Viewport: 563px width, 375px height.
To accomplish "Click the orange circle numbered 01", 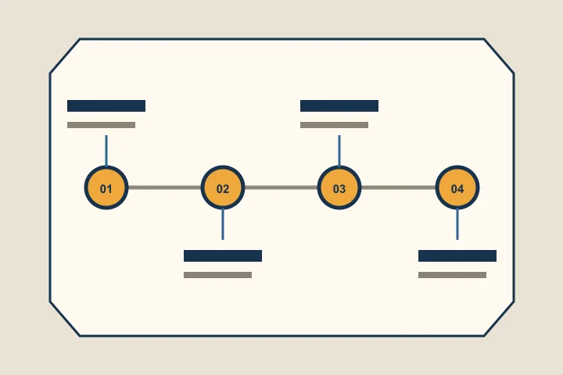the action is [x=106, y=187].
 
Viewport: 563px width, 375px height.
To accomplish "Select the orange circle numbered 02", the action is [x=223, y=187].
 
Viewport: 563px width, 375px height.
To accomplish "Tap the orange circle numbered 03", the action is [x=339, y=187].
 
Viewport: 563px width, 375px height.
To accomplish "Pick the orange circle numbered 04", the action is [x=457, y=187].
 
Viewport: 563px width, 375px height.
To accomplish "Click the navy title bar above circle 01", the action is [x=106, y=106].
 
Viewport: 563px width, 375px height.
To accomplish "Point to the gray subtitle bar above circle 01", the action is [x=101, y=125].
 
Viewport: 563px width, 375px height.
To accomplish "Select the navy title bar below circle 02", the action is [x=223, y=256].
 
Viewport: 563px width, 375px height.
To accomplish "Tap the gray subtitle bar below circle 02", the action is [x=217, y=275].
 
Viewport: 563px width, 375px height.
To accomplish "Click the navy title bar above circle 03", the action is [x=339, y=106].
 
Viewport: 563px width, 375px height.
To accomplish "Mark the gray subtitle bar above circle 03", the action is [x=335, y=125].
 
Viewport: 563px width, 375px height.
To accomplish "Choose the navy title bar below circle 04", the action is [x=457, y=256].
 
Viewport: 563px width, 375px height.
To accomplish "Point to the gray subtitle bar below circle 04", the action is [x=453, y=275].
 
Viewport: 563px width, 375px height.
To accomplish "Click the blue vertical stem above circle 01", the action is [x=106, y=151].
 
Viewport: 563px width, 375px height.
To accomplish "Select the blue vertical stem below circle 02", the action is [x=223, y=224].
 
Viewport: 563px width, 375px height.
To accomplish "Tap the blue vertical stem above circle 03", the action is [x=339, y=151].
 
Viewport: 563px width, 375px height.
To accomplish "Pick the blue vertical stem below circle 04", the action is [x=457, y=224].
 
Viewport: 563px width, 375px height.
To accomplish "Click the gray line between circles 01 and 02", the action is [x=164, y=187].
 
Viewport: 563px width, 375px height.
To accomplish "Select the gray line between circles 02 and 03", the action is [x=281, y=187].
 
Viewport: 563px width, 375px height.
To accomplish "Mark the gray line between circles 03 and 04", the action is [x=398, y=187].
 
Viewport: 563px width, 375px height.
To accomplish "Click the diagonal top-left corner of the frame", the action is [x=65, y=56].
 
